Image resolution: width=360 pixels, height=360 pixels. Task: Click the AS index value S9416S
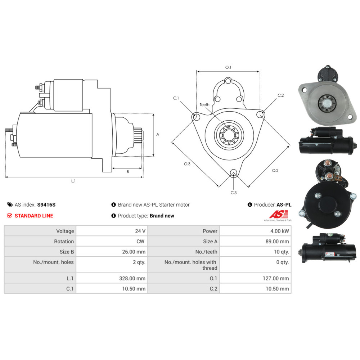[x=46, y=204]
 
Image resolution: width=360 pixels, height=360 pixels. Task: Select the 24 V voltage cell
[x=140, y=231]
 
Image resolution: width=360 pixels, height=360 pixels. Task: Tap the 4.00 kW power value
[x=279, y=231]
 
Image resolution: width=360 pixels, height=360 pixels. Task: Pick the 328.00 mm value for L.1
[x=132, y=278]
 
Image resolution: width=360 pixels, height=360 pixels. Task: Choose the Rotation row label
[x=64, y=241]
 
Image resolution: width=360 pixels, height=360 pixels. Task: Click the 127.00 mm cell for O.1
[x=276, y=278]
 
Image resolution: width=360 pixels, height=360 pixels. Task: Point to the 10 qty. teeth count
[x=281, y=252]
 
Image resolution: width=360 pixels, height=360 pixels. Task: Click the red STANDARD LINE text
[x=34, y=216]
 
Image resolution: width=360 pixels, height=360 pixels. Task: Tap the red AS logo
[x=279, y=214]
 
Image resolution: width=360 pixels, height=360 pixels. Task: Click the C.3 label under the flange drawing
[x=234, y=193]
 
